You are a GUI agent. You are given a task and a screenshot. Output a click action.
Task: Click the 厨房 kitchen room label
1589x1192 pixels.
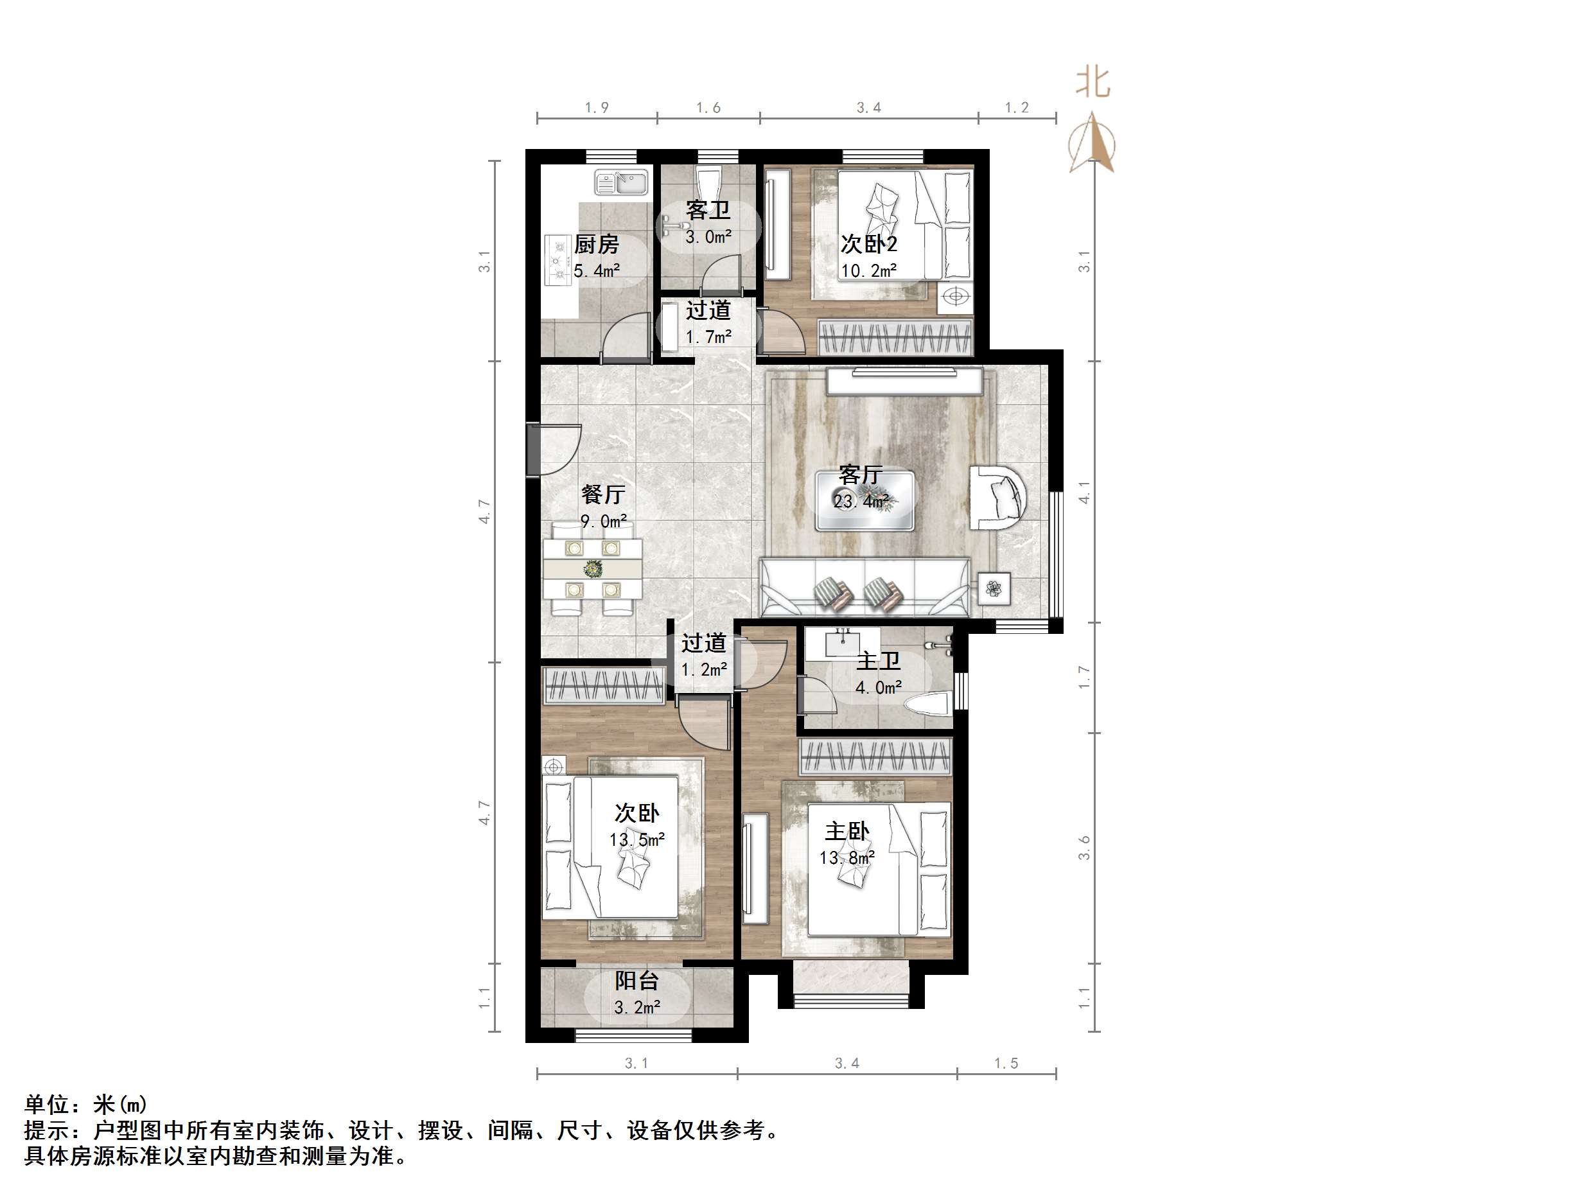click(596, 245)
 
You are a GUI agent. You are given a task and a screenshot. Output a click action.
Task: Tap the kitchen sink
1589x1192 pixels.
click(622, 182)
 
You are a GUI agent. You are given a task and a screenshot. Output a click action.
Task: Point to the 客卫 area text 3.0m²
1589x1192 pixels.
click(708, 236)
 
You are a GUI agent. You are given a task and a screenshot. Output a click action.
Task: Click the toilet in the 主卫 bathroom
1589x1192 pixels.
click(927, 703)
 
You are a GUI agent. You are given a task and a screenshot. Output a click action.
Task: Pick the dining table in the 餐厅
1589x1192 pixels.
click(593, 569)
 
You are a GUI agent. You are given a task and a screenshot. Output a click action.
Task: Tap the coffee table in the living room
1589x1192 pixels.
click(865, 501)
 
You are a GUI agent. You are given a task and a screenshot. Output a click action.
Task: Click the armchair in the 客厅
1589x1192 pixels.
click(1002, 497)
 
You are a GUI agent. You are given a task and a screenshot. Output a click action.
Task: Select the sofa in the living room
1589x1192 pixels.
click(866, 588)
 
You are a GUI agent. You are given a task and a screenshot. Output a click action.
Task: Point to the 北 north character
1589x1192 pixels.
click(1093, 83)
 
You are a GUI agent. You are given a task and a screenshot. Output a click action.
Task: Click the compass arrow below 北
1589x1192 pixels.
click(1092, 145)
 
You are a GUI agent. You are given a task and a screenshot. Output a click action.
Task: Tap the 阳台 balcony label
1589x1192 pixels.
click(636, 981)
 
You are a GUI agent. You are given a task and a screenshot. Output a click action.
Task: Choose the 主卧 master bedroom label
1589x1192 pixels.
click(847, 831)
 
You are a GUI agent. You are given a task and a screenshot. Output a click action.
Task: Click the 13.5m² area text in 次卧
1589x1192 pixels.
click(636, 839)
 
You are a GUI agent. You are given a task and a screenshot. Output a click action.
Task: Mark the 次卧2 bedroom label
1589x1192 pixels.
click(868, 244)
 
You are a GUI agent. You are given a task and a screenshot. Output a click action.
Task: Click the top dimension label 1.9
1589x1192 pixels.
click(596, 108)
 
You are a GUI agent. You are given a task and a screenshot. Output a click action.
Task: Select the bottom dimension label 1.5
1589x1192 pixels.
click(1006, 1064)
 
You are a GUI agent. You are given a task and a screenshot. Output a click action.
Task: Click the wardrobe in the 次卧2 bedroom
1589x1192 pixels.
click(896, 337)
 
